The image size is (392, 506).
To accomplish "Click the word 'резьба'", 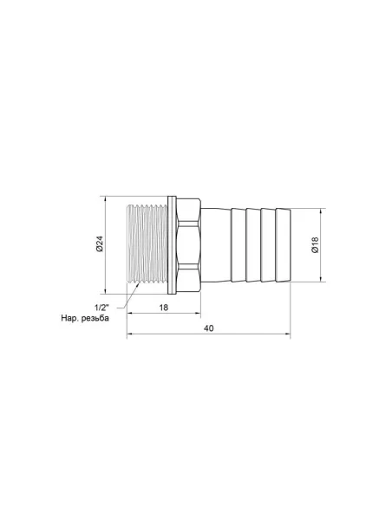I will point(113,317).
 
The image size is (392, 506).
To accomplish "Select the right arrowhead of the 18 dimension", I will point(201,313).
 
